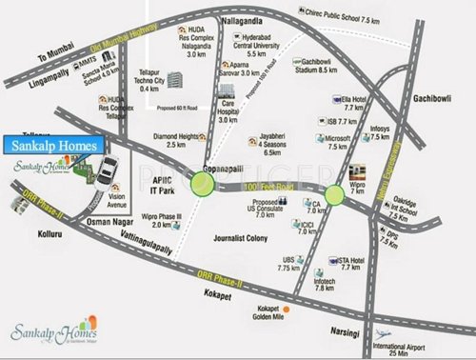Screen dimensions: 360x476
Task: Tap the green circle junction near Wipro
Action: point(335,197)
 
